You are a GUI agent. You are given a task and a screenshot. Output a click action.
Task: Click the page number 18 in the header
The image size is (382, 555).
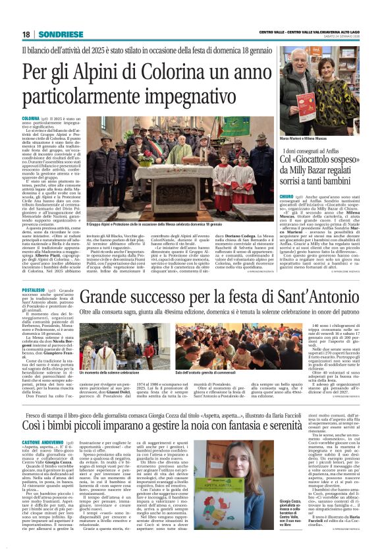(x=26, y=34)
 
